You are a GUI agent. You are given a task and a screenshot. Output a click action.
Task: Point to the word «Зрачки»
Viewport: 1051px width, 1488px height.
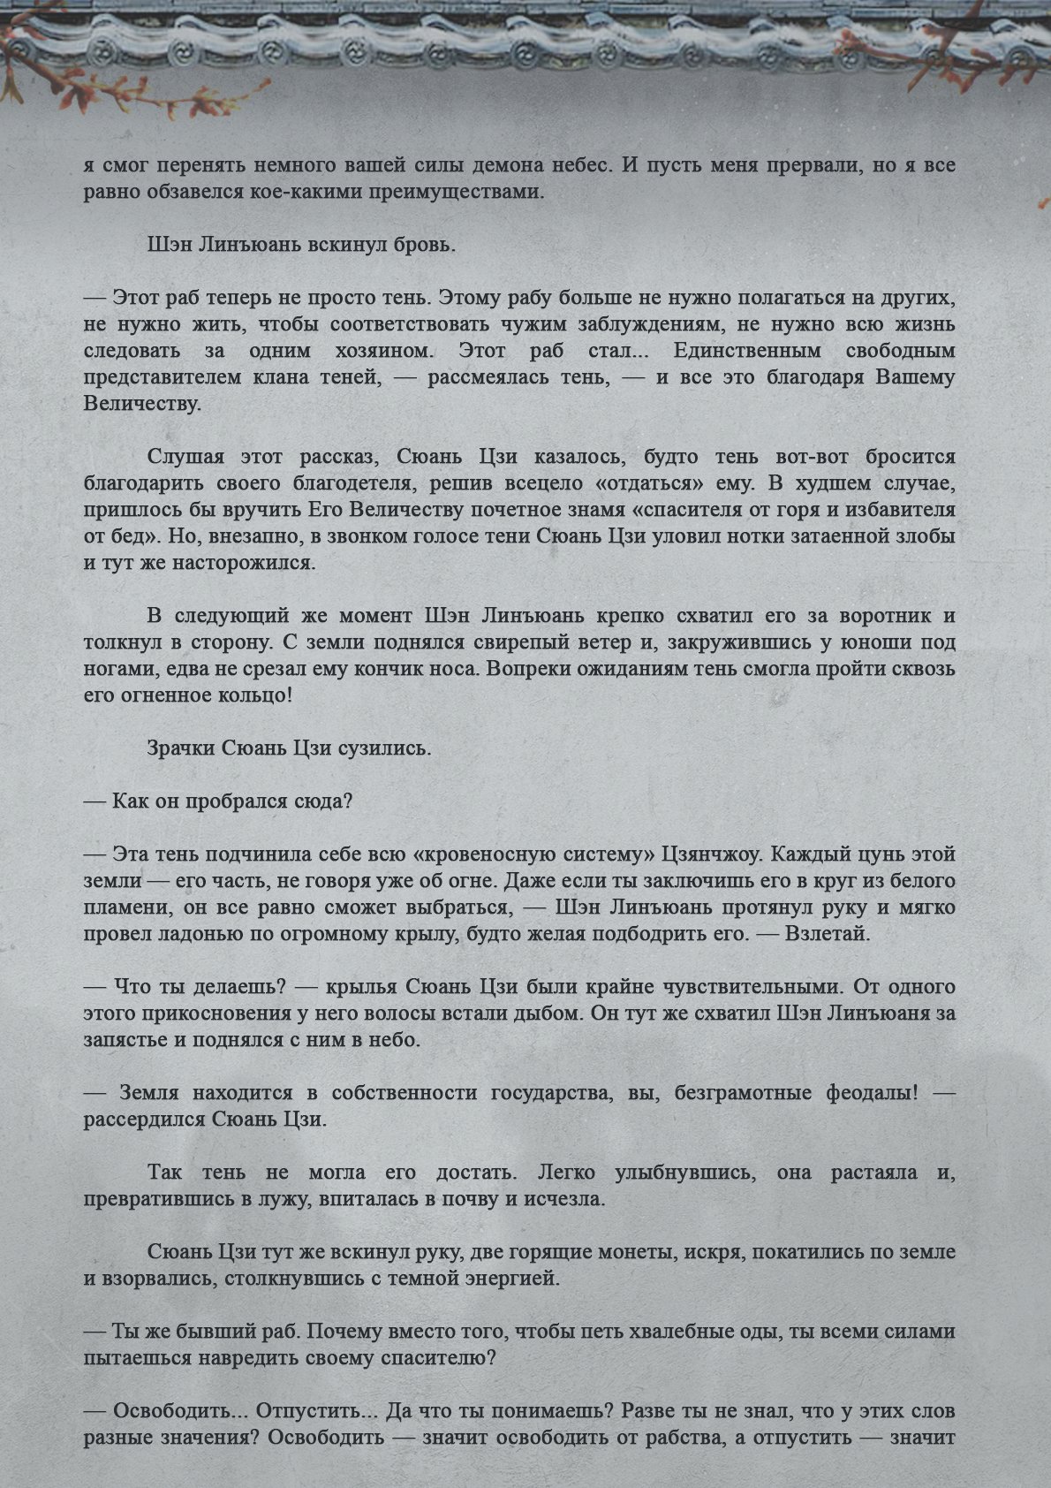(x=179, y=748)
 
